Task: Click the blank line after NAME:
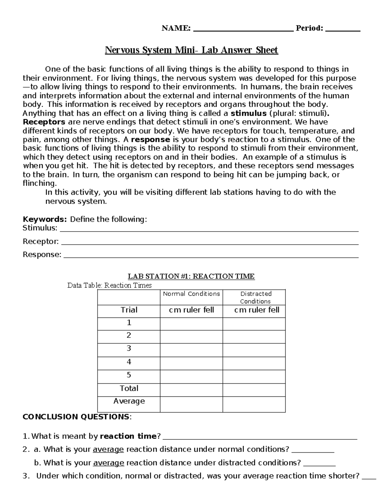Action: click(x=243, y=29)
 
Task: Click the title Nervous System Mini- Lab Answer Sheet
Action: click(x=191, y=50)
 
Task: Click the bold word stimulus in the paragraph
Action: click(x=248, y=113)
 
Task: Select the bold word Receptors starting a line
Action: click(x=44, y=122)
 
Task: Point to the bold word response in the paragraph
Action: click(x=151, y=140)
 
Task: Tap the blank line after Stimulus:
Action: click(x=209, y=229)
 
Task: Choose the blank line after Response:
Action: click(x=211, y=256)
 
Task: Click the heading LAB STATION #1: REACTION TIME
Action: click(x=191, y=276)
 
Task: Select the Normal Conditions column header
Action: click(x=191, y=294)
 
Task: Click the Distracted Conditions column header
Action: click(x=255, y=297)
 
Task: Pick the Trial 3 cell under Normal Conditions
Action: click(x=191, y=350)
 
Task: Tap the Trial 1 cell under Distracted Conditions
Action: click(x=254, y=324)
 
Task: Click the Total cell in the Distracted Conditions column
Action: click(x=254, y=390)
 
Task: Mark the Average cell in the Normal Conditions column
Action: click(x=191, y=404)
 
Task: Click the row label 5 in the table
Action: click(x=129, y=375)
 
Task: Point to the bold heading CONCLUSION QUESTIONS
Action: click(x=76, y=417)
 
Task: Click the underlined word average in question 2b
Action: click(x=109, y=463)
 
